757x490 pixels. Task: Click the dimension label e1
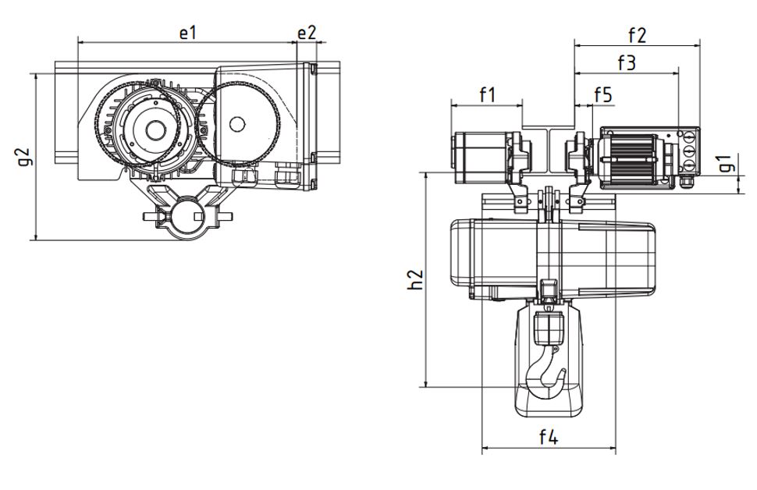coord(187,32)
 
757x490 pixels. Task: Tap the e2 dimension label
coord(307,32)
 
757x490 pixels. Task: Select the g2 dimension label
coord(24,156)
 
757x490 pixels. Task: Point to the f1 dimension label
coord(487,95)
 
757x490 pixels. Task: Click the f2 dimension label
coord(637,34)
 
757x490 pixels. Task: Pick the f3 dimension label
coord(626,62)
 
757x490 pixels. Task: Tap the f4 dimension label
coord(548,437)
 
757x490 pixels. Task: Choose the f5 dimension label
coord(602,95)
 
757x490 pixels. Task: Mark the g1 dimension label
coord(727,164)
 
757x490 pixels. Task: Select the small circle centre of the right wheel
coord(236,123)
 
